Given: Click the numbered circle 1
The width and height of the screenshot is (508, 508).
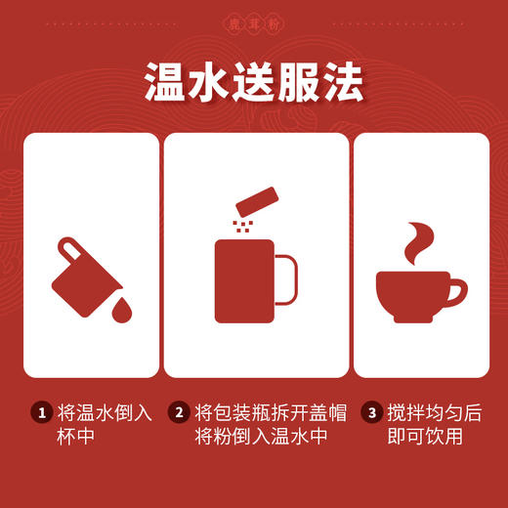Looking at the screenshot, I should tap(40, 413).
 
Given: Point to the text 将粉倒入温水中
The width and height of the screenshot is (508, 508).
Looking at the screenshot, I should tap(249, 437).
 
